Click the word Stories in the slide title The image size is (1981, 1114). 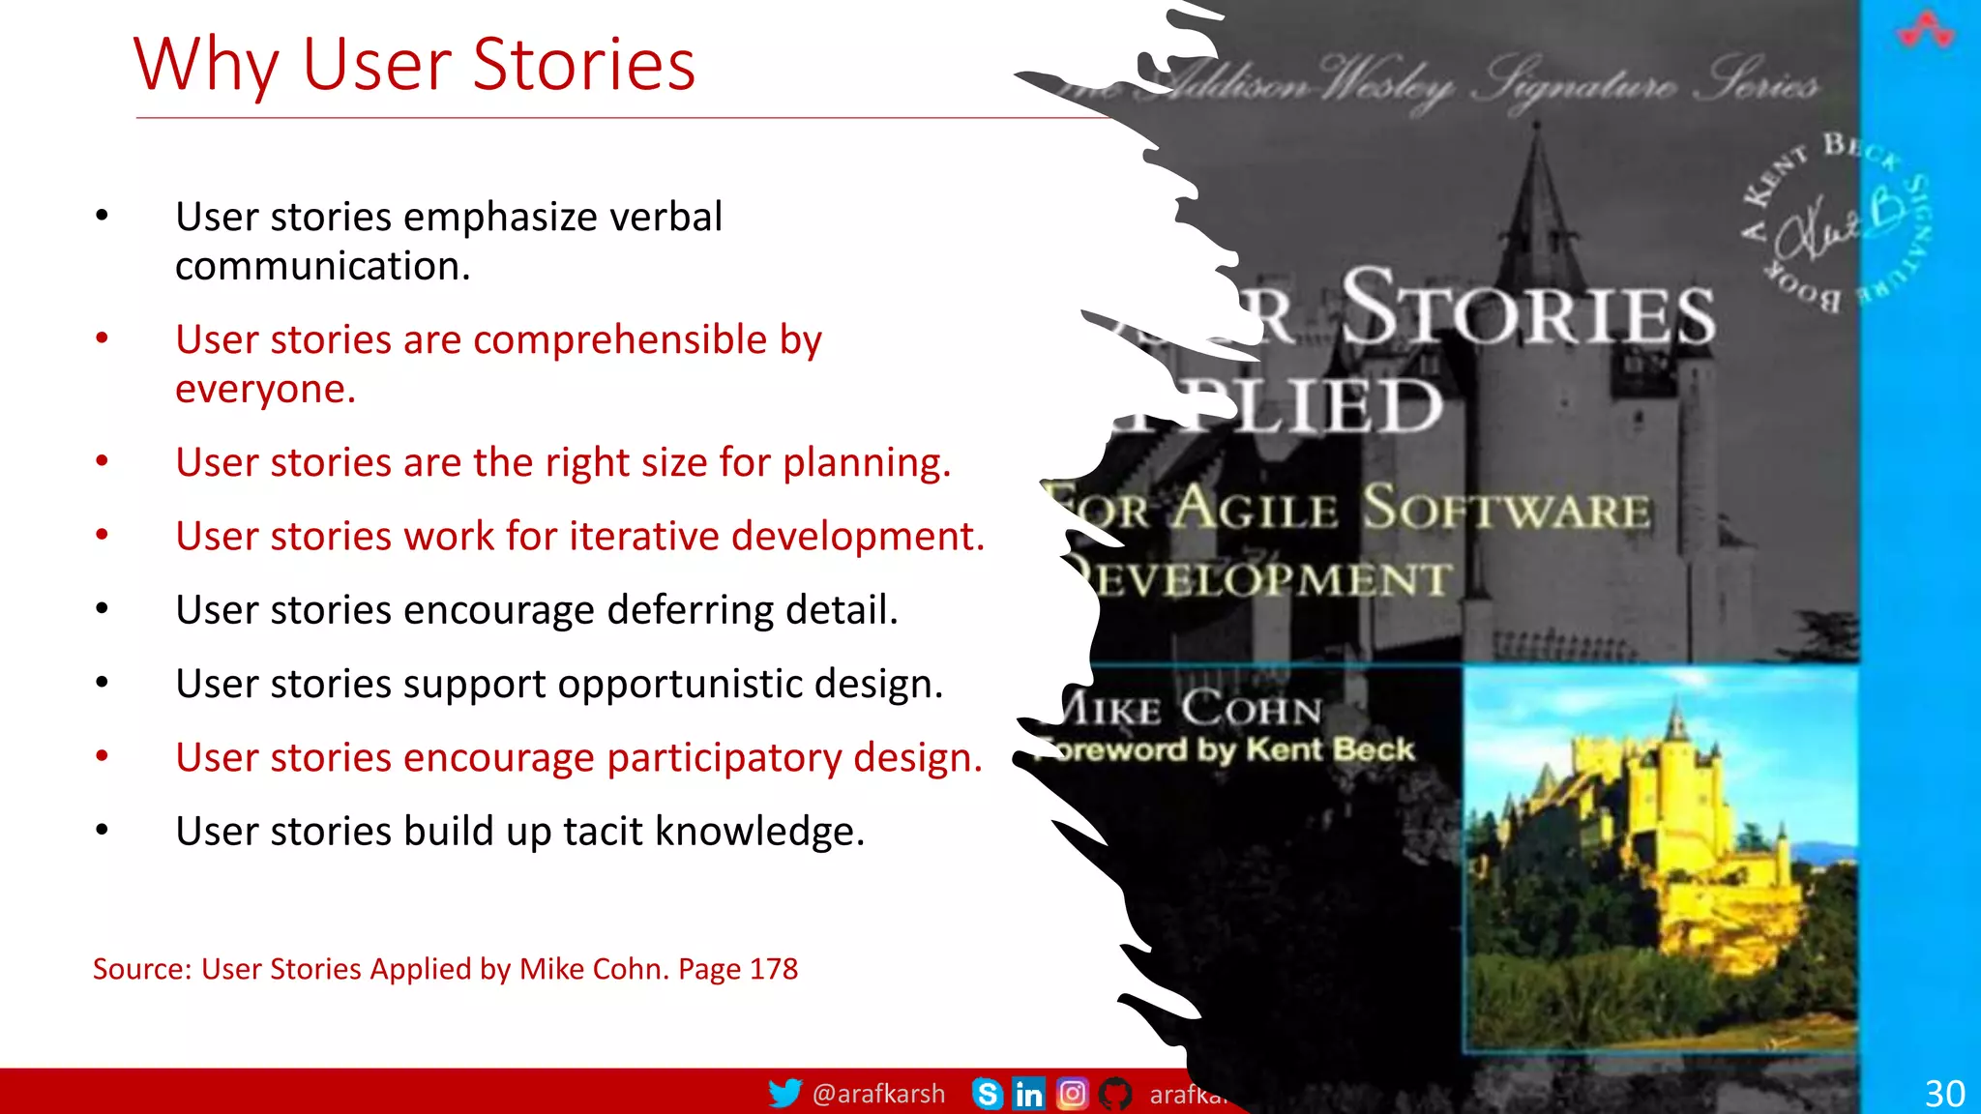584,64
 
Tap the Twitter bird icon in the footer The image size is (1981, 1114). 784,1093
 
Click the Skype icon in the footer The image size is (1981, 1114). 987,1094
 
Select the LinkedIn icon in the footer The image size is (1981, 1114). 1028,1094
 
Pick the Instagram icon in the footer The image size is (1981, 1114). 1072,1094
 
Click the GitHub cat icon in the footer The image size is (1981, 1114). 1115,1094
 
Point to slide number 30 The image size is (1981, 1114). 1944,1094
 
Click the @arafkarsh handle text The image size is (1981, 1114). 878,1094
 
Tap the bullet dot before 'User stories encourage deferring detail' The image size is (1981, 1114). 102,609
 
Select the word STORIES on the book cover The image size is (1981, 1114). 1528,309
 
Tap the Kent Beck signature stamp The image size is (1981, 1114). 1833,222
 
